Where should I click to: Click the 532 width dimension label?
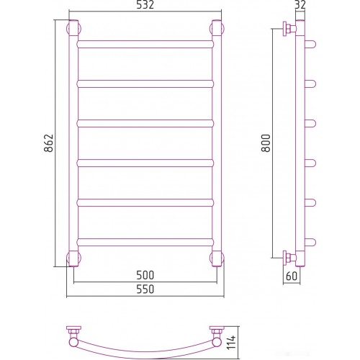pyautogui.click(x=145, y=5)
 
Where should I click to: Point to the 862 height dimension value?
pyautogui.click(x=48, y=143)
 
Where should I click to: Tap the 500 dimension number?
pyautogui.click(x=145, y=275)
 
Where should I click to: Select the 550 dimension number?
pyautogui.click(x=145, y=289)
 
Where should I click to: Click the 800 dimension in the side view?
pyautogui.click(x=266, y=143)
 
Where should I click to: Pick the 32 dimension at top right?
pyautogui.click(x=300, y=5)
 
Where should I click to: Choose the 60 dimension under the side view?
pyautogui.click(x=292, y=276)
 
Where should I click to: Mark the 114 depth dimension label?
pyautogui.click(x=232, y=343)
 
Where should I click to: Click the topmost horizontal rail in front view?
pyautogui.click(x=145, y=45)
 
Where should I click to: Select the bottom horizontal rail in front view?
pyautogui.click(x=145, y=242)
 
